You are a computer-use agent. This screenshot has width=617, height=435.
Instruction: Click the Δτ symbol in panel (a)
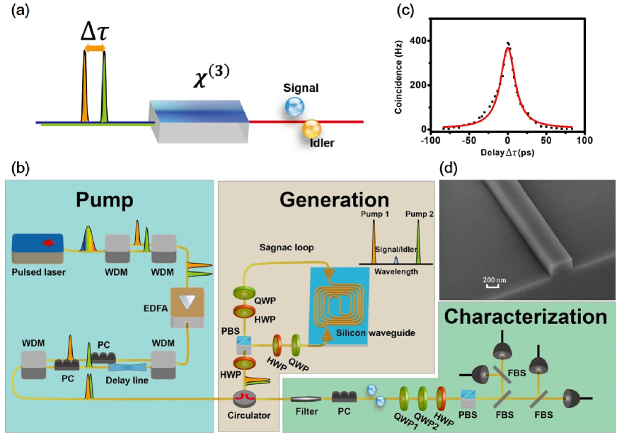click(x=95, y=33)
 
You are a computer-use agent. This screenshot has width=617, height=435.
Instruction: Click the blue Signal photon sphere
click(x=294, y=108)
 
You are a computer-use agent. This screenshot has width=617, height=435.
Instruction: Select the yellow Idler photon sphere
click(x=312, y=129)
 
